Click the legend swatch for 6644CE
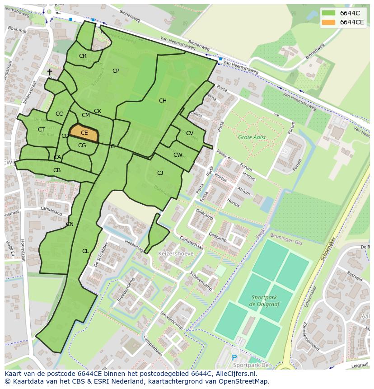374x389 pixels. click(x=329, y=23)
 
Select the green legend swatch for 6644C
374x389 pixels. click(x=329, y=13)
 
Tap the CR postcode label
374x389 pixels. click(x=83, y=56)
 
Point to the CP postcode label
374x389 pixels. click(x=116, y=71)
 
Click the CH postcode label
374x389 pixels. click(x=163, y=101)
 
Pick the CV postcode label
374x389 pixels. click(x=190, y=133)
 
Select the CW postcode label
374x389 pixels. click(x=178, y=155)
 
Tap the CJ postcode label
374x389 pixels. click(x=160, y=173)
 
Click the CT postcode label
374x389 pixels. click(x=41, y=130)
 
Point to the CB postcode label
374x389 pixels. click(x=57, y=170)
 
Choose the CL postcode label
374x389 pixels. click(x=85, y=251)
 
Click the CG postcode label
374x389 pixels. click(x=82, y=145)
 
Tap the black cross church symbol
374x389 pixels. click(x=50, y=72)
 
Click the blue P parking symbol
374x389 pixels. click(x=234, y=358)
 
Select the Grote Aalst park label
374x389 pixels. click(x=252, y=137)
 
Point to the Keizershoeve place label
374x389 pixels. click(x=176, y=254)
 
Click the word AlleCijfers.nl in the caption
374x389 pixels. click(x=234, y=374)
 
